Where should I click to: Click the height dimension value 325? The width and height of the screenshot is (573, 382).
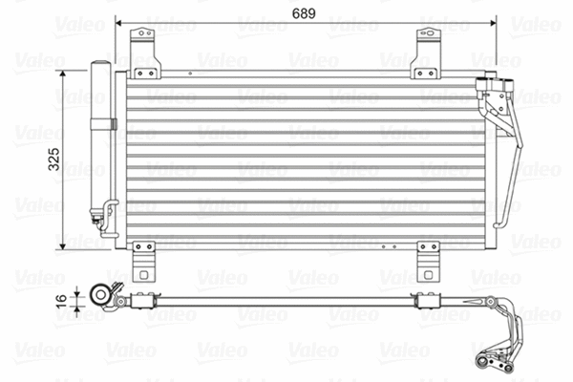click(x=54, y=158)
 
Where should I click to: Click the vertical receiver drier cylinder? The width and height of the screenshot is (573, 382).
click(x=98, y=138)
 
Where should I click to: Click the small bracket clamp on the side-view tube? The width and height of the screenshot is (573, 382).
click(x=144, y=303)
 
